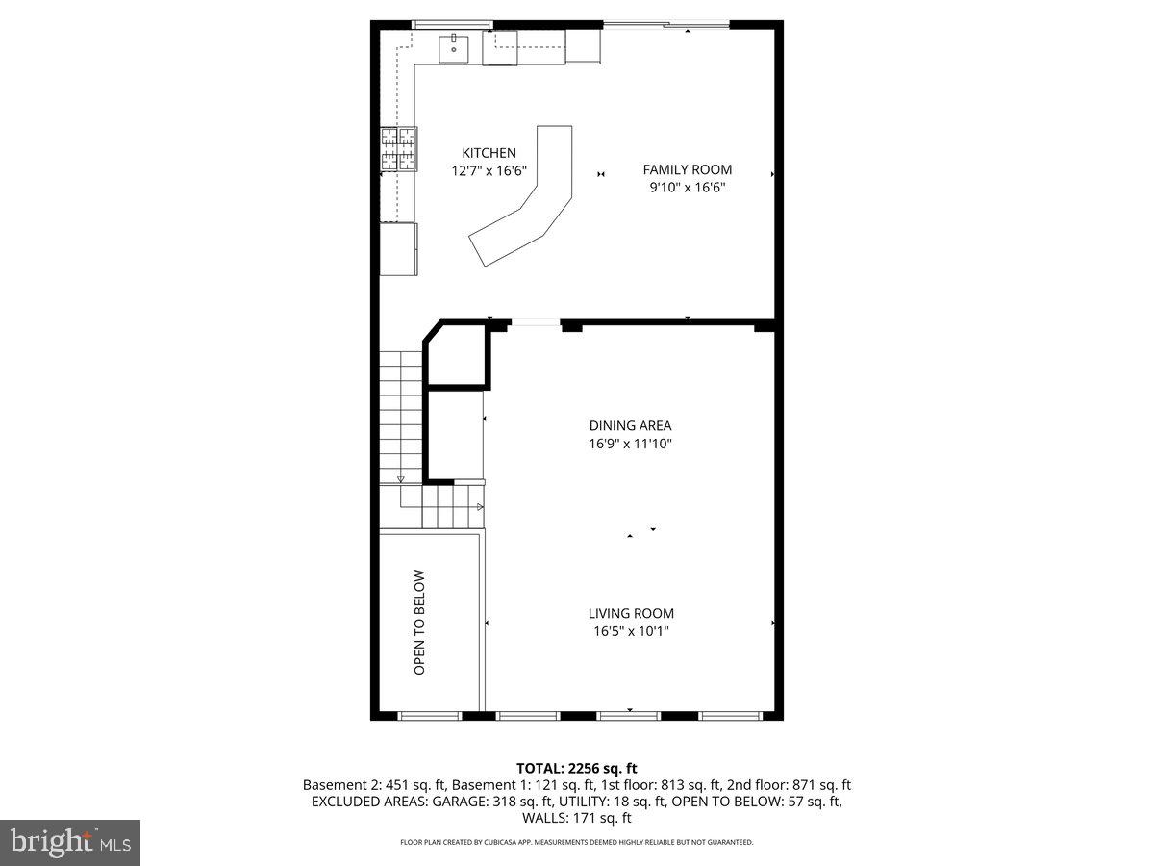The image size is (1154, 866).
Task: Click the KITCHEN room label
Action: coord(489,153)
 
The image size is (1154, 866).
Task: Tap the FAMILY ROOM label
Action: coord(687,170)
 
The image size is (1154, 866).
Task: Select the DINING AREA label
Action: coord(630,425)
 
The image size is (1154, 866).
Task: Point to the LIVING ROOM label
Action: coord(631,613)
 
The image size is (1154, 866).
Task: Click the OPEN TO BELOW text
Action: coord(419,623)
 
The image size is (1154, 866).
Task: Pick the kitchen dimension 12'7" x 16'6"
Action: coord(489,171)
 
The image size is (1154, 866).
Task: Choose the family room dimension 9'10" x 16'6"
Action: coord(687,188)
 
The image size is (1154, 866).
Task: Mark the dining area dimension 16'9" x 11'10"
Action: coord(630,444)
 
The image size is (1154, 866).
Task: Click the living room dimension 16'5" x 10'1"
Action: coord(631,631)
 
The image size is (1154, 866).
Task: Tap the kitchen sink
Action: coord(453,46)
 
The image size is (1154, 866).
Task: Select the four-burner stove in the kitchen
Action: coord(399,149)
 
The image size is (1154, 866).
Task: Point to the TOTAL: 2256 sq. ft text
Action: coord(577,768)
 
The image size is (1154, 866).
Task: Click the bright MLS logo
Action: coord(70,843)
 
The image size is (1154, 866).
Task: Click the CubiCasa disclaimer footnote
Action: coord(577,842)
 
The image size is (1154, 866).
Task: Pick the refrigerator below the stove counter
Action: coord(398,248)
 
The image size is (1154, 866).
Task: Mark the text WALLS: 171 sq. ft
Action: coord(577,818)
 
